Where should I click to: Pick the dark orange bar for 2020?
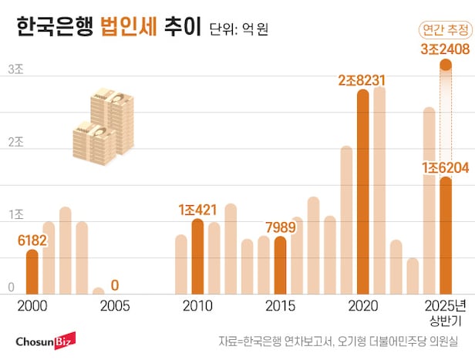point(362,192)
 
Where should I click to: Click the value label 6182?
point(32,241)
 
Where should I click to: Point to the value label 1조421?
point(197,209)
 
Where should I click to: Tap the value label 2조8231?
point(362,80)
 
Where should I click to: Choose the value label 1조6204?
point(446,167)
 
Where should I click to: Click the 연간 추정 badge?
point(445,30)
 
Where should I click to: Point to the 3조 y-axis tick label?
point(15,69)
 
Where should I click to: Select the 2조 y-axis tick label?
point(15,143)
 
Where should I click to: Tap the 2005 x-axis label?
point(115,306)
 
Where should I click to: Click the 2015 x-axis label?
point(280,306)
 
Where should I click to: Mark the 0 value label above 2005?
point(115,284)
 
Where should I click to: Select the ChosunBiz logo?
point(43,340)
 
